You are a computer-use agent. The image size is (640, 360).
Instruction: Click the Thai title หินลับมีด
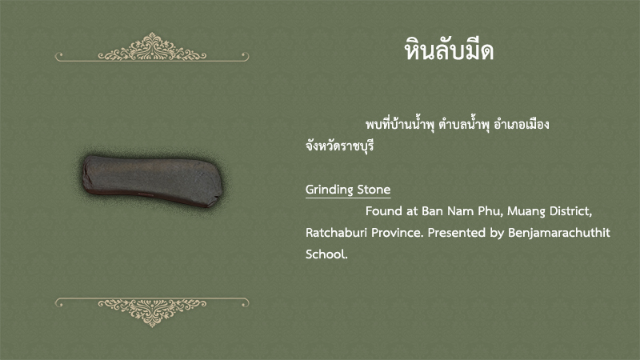point(449,50)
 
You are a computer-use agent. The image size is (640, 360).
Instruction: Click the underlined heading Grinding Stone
point(348,190)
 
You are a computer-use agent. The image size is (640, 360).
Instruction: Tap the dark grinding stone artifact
point(152,180)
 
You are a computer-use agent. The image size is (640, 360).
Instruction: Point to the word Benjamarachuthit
point(559,233)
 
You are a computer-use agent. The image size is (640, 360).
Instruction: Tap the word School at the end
point(326,254)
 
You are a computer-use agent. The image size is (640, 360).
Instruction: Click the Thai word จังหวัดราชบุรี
point(339,146)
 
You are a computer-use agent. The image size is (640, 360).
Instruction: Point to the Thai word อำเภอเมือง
point(522,124)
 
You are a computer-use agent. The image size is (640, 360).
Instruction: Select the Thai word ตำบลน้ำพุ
point(464,124)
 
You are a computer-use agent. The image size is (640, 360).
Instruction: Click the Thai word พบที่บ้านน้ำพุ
point(399,124)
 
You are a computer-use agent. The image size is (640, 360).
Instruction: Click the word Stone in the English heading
point(374,190)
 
